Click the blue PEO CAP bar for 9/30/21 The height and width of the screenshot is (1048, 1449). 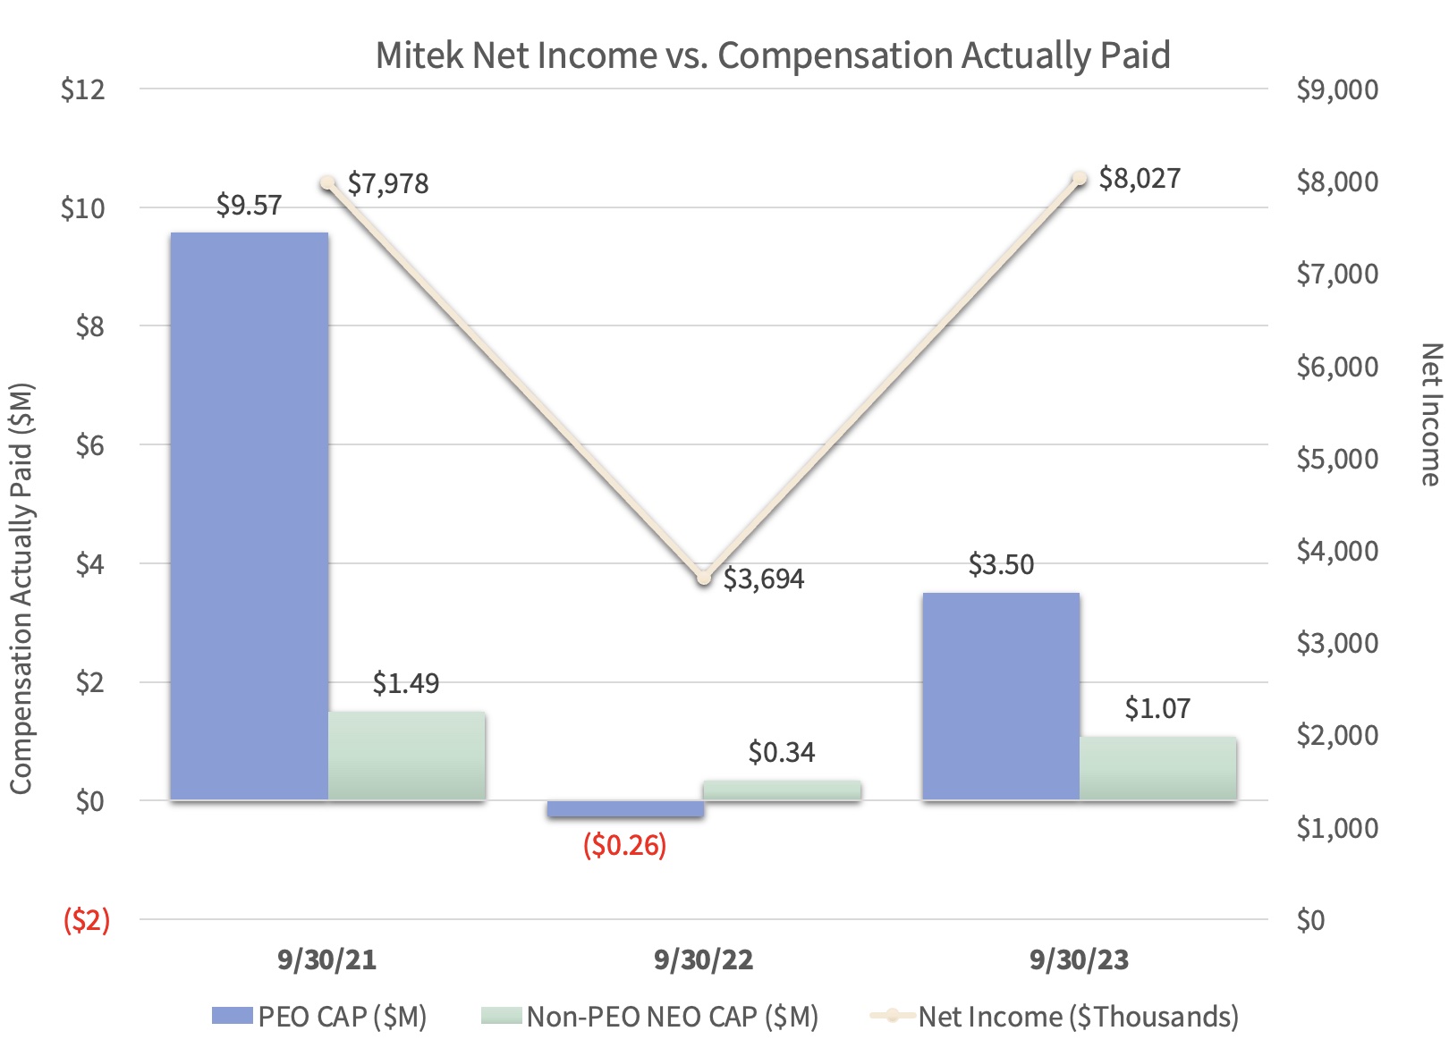click(249, 516)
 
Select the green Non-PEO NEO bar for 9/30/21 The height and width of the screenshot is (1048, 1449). click(406, 756)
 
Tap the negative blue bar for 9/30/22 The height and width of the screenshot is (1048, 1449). click(625, 808)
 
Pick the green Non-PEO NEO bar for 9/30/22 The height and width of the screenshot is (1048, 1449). click(782, 790)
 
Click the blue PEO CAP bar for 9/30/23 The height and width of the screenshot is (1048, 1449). click(1001, 696)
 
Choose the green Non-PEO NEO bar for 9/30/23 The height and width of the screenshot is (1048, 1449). click(1157, 768)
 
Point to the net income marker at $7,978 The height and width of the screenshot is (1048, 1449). click(328, 183)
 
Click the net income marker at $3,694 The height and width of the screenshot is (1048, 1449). click(704, 578)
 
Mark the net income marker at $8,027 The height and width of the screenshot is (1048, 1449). click(1080, 179)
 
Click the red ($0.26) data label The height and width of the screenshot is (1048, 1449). click(624, 845)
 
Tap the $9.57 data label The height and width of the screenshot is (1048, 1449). click(249, 206)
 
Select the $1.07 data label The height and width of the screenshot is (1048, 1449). click(1157, 709)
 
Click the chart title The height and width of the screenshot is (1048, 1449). click(772, 55)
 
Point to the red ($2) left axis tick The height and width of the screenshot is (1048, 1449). click(86, 919)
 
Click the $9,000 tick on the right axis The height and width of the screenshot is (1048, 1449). click(1337, 89)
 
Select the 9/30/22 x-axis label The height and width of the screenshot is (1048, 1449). click(703, 960)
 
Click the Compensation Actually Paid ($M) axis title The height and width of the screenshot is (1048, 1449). click(21, 588)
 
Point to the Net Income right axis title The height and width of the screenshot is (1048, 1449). click(1430, 415)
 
